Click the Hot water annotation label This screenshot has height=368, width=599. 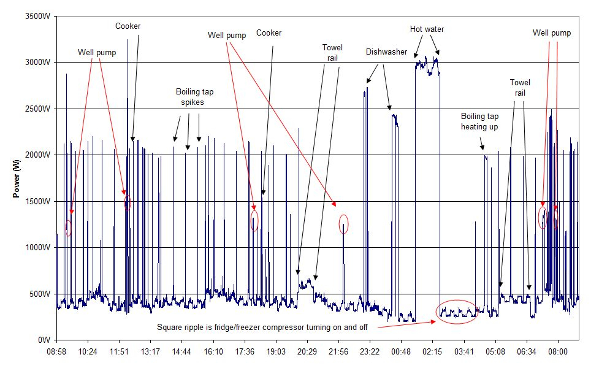point(427,29)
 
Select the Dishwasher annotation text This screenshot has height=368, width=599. point(386,52)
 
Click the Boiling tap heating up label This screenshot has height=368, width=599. point(480,121)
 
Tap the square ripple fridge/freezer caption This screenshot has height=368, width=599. point(265,327)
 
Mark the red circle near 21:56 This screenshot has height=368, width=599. point(343,224)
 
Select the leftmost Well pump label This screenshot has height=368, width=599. point(97,53)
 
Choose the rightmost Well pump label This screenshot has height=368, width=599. point(551,33)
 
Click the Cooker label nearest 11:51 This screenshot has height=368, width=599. point(128,26)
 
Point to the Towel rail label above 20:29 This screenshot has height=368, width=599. point(332,53)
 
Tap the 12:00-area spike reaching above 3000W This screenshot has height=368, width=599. point(128,43)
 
